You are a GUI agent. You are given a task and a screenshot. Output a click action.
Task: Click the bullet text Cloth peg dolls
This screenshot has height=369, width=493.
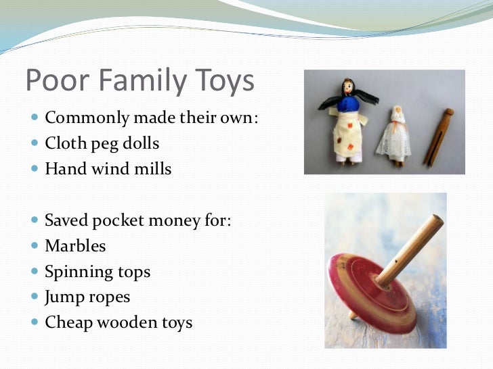click(x=101, y=143)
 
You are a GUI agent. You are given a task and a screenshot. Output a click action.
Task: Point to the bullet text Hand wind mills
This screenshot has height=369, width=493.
click(x=108, y=168)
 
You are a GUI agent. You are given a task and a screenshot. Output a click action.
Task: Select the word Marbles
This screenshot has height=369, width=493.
click(x=75, y=246)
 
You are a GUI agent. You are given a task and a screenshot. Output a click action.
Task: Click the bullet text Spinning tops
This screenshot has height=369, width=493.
click(x=98, y=272)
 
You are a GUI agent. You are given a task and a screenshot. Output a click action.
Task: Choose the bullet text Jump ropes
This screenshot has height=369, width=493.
click(x=87, y=297)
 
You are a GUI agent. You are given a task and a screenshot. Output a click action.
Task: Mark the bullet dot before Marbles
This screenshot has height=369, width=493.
click(x=35, y=247)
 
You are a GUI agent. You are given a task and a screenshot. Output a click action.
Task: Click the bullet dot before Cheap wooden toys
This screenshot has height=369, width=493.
click(x=35, y=323)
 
